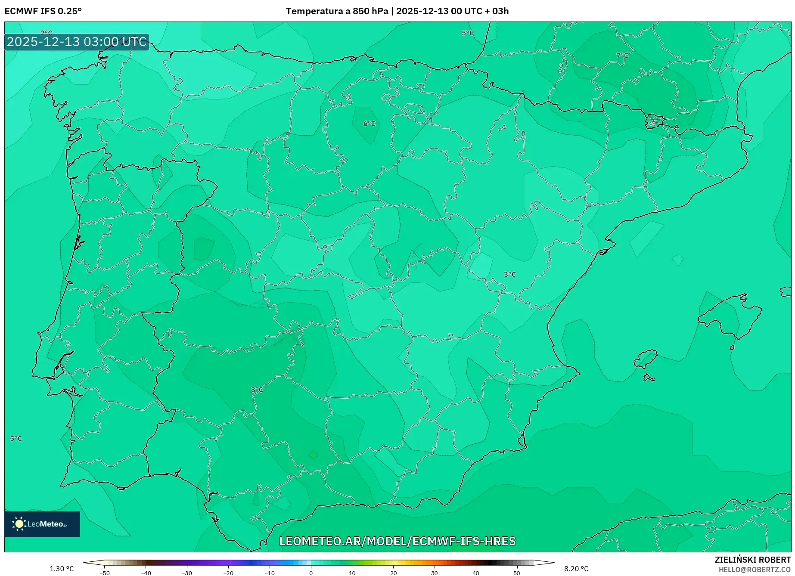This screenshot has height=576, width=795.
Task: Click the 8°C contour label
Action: pos(257,390)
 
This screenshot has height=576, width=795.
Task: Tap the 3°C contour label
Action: pos(510,274)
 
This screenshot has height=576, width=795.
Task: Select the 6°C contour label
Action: pos(370,124)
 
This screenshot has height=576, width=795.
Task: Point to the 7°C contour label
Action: pos(622,56)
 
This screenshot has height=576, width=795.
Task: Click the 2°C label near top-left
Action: pos(46,33)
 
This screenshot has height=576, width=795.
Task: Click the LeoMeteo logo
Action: pos(42,524)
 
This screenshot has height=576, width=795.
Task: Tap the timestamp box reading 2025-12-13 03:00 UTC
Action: pos(77,42)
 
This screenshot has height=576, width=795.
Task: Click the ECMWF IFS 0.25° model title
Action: pos(43,11)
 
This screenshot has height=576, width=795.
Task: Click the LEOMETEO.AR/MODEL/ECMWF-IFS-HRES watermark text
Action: pos(397,541)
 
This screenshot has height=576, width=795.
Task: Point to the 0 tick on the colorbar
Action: pos(311,573)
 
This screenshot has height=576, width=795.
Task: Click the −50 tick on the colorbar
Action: pos(105,573)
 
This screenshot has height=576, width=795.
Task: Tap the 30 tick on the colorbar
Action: pos(434,573)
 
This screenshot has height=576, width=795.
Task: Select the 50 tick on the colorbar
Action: pos(516,573)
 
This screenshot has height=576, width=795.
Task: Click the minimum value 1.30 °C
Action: pos(62,569)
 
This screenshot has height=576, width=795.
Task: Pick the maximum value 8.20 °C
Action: pos(576,569)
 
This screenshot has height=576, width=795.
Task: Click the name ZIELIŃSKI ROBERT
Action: pos(752,560)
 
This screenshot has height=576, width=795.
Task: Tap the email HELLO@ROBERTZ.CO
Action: pos(754,570)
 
